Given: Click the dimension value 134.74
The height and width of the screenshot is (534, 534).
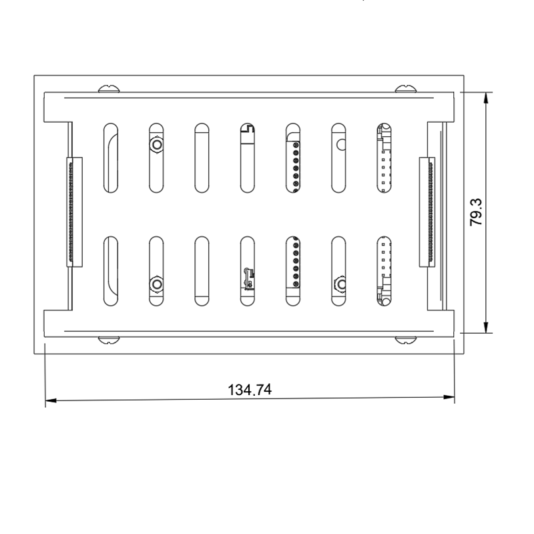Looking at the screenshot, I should click(x=250, y=390).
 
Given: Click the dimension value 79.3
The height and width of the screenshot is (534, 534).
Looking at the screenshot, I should click(x=477, y=212).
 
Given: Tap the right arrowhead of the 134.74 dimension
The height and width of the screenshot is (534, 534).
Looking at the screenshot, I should click(x=450, y=398).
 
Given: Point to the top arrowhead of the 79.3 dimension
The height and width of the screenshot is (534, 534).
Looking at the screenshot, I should click(x=486, y=97).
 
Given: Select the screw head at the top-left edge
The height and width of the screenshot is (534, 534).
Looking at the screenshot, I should click(x=108, y=89).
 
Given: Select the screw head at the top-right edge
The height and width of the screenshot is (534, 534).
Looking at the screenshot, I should click(x=405, y=89).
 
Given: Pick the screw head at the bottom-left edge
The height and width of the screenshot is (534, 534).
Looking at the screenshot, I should click(x=108, y=340).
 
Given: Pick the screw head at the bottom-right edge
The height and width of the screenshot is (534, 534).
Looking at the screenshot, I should click(x=405, y=340).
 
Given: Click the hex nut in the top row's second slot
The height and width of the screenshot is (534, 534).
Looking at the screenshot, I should click(x=156, y=144).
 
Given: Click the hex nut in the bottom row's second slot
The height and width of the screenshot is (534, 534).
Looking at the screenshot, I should click(x=156, y=285).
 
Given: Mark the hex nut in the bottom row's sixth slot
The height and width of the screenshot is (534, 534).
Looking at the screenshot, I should click(x=339, y=286).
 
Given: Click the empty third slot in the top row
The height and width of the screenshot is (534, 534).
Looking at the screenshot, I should click(x=202, y=158).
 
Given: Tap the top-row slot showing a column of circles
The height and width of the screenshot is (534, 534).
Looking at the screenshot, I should click(x=293, y=158).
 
